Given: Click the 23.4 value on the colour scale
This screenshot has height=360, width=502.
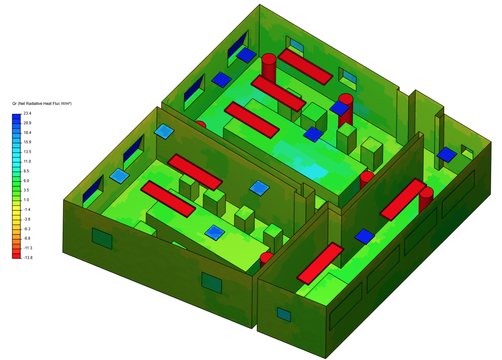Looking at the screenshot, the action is pyautogui.click(x=27, y=113).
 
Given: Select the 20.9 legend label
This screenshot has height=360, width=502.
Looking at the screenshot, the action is pyautogui.click(x=27, y=123).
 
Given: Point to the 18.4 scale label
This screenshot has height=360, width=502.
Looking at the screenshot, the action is pyautogui.click(x=27, y=133).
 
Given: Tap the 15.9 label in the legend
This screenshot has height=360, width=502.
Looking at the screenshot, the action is pyautogui.click(x=27, y=142).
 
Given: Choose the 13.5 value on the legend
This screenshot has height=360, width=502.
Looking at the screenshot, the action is pyautogui.click(x=27, y=152).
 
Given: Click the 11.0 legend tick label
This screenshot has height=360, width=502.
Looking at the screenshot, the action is pyautogui.click(x=27, y=161).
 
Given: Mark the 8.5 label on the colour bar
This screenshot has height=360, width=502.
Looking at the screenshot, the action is pyautogui.click(x=26, y=171).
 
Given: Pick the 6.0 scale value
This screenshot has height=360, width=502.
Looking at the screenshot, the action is pyautogui.click(x=26, y=181).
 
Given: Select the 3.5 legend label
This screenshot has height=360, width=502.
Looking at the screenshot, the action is pyautogui.click(x=26, y=190).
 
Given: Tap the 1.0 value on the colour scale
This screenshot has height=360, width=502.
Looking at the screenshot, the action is pyautogui.click(x=26, y=200).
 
